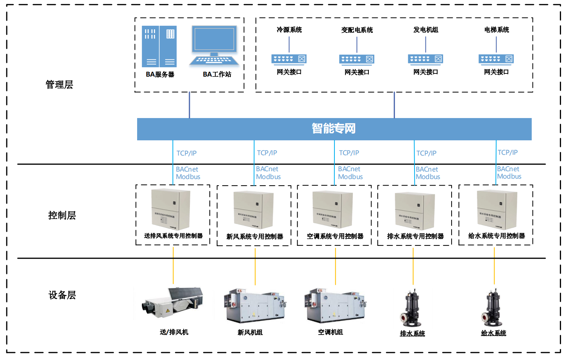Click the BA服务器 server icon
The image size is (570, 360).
click(x=159, y=47)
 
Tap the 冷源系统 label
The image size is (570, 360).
click(x=289, y=30)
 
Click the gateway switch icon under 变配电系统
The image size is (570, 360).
click(x=357, y=59)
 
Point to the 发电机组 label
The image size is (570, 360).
click(x=425, y=30)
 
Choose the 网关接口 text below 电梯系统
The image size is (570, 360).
click(x=496, y=72)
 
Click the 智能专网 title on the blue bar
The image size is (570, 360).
click(x=334, y=128)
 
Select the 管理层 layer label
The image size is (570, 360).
click(x=59, y=84)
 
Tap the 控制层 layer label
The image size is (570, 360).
click(x=62, y=215)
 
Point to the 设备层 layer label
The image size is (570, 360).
click(x=62, y=295)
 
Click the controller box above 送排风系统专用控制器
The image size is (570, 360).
click(x=171, y=210)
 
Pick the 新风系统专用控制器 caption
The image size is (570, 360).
click(x=255, y=236)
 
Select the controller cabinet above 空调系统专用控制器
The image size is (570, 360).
click(x=333, y=210)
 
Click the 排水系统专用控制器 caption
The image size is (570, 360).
click(x=415, y=236)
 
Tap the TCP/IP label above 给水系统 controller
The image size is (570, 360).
click(x=507, y=152)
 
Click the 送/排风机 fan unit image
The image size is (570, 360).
click(x=174, y=303)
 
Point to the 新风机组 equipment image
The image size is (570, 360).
click(x=255, y=306)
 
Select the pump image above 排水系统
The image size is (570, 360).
click(x=411, y=308)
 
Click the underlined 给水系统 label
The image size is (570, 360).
click(x=493, y=333)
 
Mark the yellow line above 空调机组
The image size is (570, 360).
click(x=335, y=266)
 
